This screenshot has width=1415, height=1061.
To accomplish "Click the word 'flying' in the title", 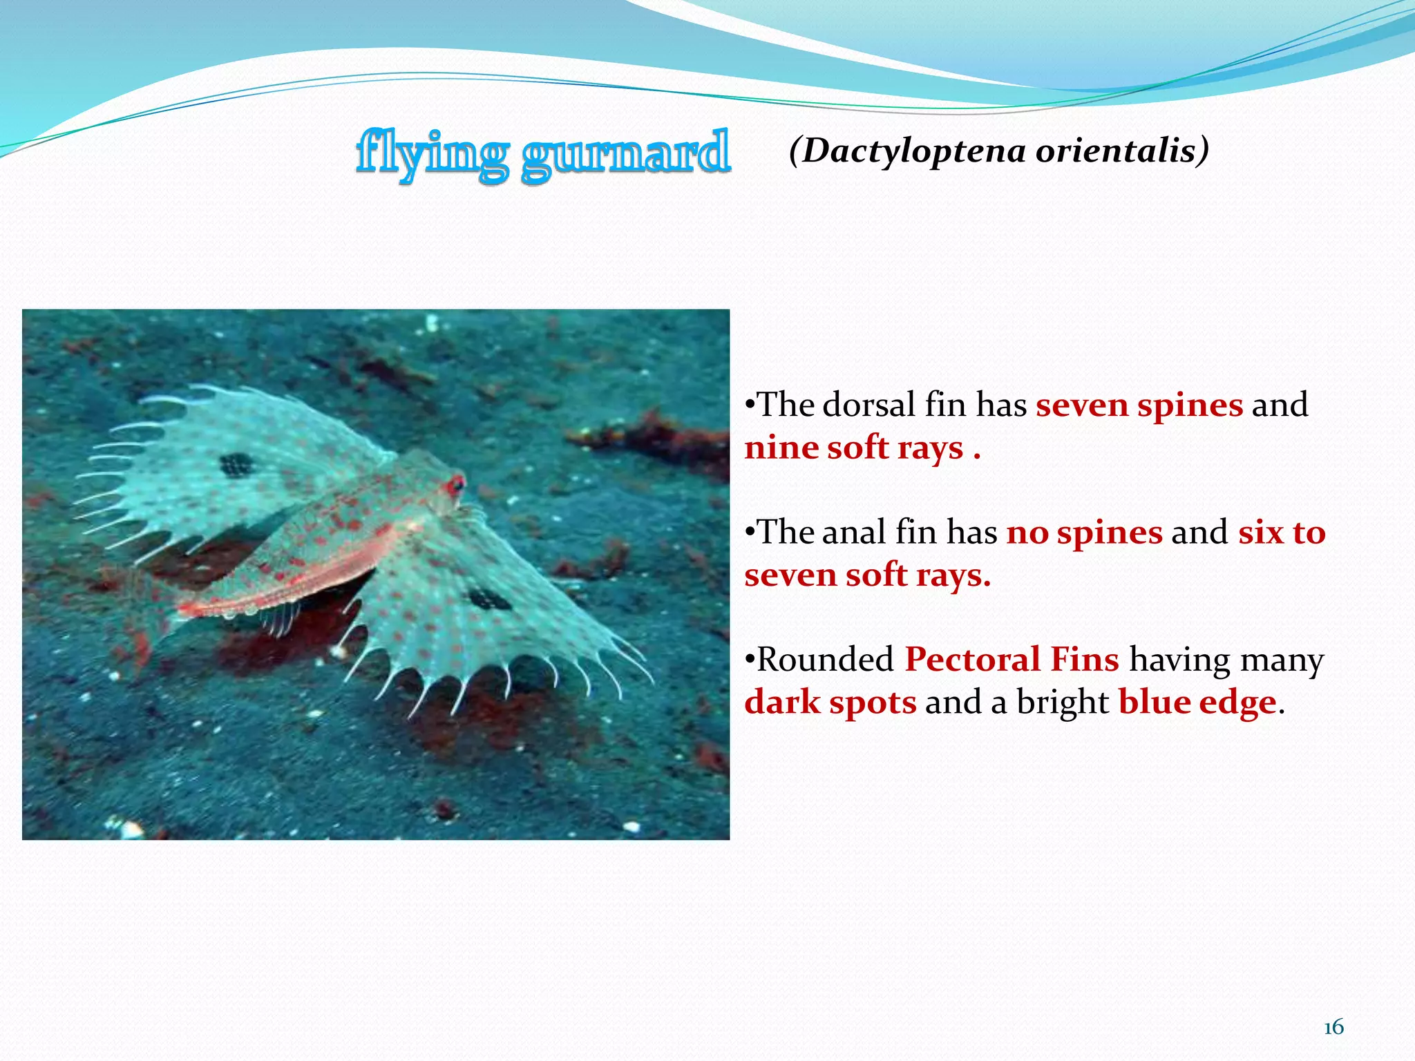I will coord(433,153).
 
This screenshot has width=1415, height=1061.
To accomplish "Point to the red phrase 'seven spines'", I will coord(1139,405).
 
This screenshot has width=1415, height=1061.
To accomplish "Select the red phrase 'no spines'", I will coord(1084,533).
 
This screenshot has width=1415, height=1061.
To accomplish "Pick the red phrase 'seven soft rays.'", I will coord(867,575).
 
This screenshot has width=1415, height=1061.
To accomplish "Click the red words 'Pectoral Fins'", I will coord(1012,660).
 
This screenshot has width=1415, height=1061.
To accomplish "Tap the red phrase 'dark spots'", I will coord(830,702).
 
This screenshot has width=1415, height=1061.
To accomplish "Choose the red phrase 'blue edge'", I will coord(1197,702).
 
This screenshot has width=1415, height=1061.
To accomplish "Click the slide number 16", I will coord(1333,1028).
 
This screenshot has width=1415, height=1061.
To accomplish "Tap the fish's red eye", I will coord(455,484).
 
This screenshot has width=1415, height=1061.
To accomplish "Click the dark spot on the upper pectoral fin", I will coord(237,465).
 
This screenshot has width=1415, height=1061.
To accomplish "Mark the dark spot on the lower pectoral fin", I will coord(488,598).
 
